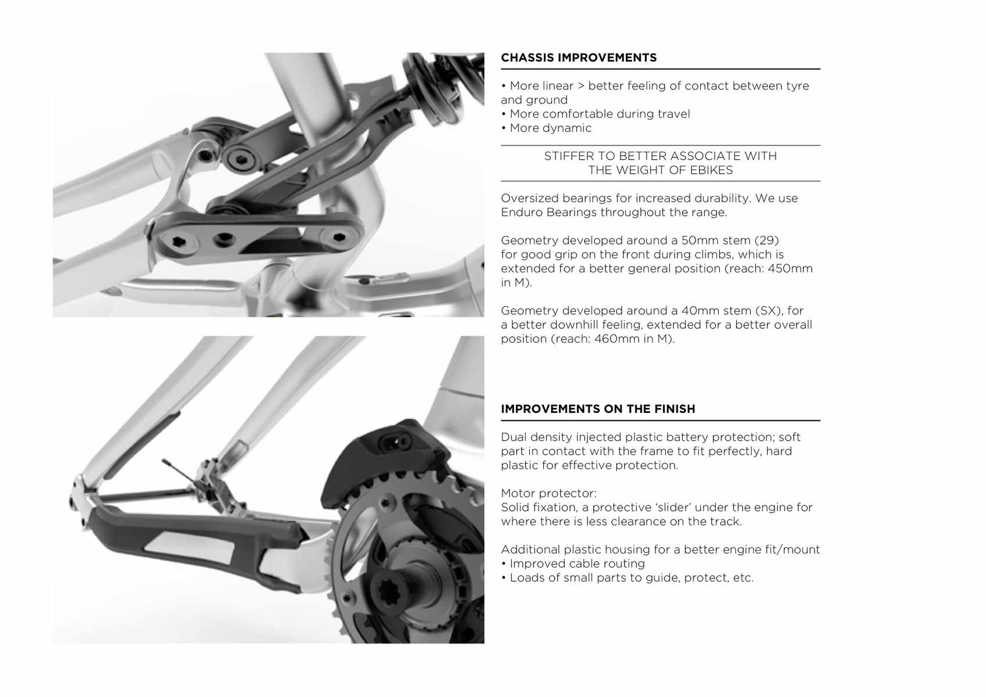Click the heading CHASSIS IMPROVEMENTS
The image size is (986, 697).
578,58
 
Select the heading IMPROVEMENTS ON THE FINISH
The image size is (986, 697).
598,409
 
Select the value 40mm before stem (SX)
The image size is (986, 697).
700,311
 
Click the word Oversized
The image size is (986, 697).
529,198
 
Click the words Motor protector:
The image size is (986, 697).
549,493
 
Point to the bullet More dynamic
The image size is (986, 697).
546,128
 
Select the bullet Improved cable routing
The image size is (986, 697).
573,563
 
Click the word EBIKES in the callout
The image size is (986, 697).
711,170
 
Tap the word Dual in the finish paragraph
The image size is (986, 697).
514,437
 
